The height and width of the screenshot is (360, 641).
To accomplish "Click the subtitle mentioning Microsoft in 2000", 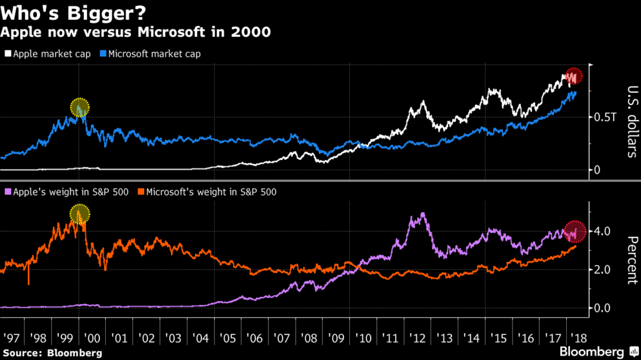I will tap(135, 32).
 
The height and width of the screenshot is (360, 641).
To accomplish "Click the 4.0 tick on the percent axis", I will tap(602, 231).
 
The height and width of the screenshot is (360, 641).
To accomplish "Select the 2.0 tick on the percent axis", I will tap(602, 269).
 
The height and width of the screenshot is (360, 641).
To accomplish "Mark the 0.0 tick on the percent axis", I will tap(602, 308).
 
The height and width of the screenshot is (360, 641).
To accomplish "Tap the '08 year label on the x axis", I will tap(309, 337).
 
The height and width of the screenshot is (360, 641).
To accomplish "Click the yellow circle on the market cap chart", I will tap(79, 108).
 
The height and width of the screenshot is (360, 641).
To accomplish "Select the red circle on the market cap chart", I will tap(573, 76).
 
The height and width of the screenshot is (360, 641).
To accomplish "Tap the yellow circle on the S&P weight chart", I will tap(80, 214).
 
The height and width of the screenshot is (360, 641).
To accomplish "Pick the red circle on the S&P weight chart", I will tap(574, 230).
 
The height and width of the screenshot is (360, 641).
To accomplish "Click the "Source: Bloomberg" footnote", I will tap(52, 353).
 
